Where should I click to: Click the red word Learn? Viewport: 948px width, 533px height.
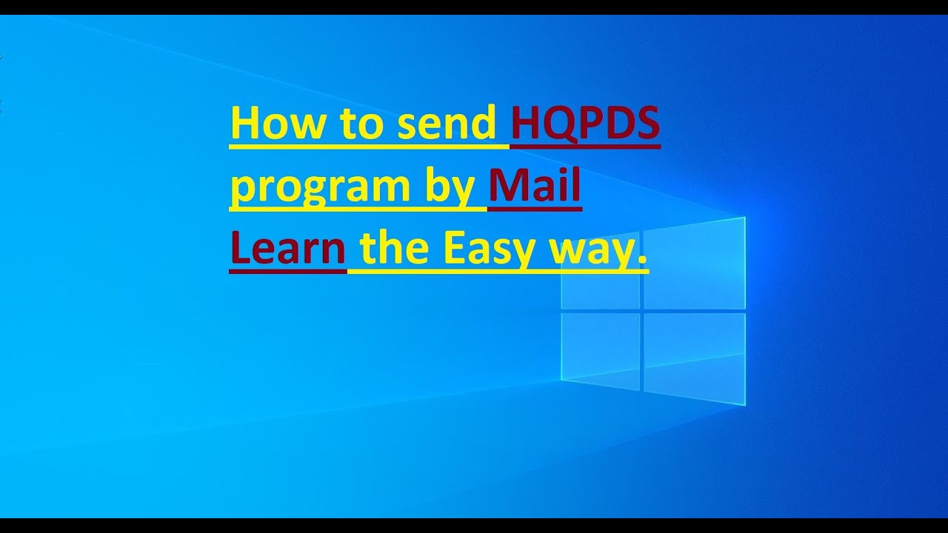288,249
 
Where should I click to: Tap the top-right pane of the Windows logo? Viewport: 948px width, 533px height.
693,264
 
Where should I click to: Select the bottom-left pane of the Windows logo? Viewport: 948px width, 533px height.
601,350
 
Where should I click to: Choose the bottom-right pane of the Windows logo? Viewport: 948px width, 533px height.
693,358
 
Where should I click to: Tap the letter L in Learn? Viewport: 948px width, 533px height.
240,249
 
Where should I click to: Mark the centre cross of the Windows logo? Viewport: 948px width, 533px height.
641,311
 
